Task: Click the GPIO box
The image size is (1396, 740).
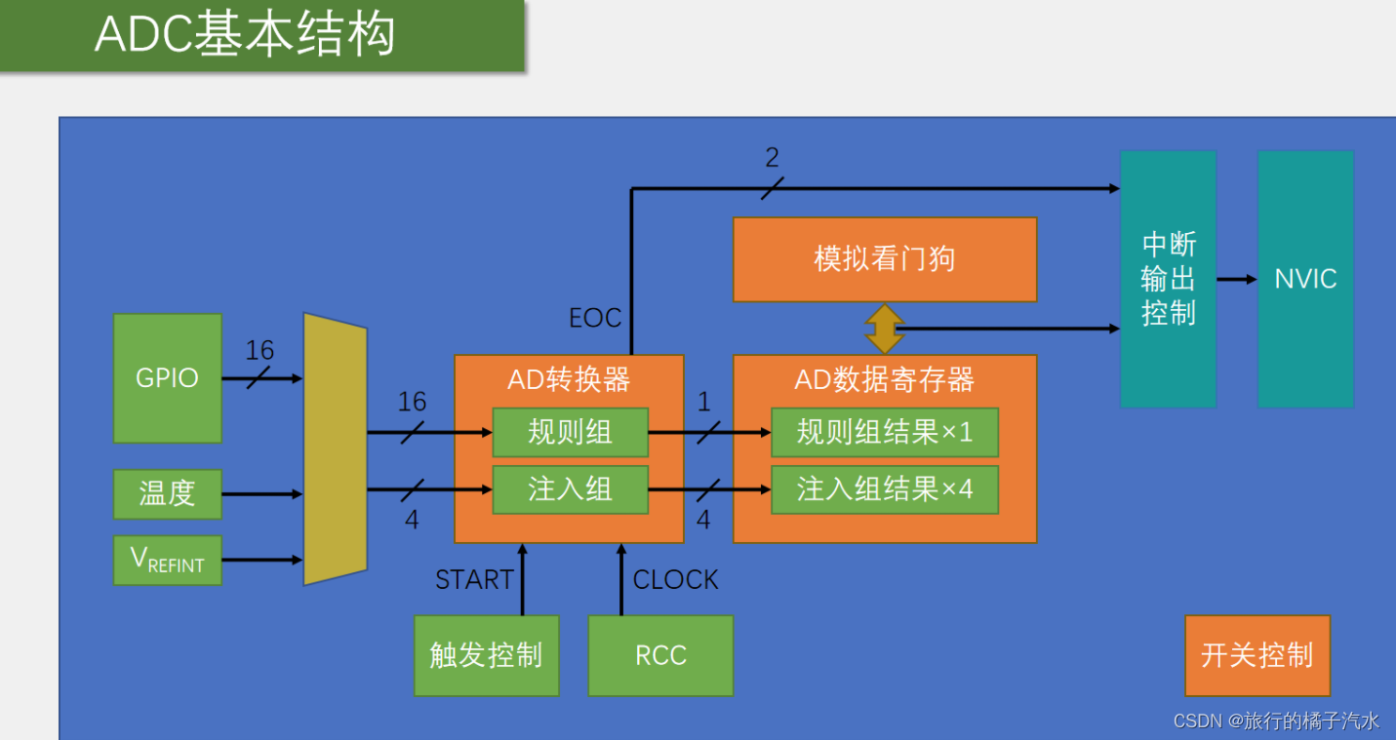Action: pyautogui.click(x=167, y=378)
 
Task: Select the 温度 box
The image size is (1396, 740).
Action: pyautogui.click(x=167, y=493)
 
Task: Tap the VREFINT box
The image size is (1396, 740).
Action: pyautogui.click(x=167, y=560)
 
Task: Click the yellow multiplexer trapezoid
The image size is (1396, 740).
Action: pyautogui.click(x=335, y=448)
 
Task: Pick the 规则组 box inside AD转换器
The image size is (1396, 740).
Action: pyautogui.click(x=570, y=432)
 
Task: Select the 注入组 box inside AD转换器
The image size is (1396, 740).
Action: pyautogui.click(x=570, y=489)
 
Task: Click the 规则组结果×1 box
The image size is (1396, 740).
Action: pyautogui.click(x=884, y=432)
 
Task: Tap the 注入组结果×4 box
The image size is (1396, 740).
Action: pyautogui.click(x=884, y=489)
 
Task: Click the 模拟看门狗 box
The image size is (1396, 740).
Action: pyautogui.click(x=884, y=259)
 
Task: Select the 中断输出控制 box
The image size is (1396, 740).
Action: pyautogui.click(x=1168, y=279)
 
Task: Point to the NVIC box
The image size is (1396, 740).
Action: pyautogui.click(x=1305, y=279)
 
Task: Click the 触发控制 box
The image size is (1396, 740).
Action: pyautogui.click(x=486, y=655)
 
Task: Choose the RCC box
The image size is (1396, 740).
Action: pyautogui.click(x=660, y=655)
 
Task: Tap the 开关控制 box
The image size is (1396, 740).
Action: pyautogui.click(x=1256, y=655)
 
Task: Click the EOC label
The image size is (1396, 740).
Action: pyautogui.click(x=595, y=318)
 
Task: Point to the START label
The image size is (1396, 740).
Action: pyautogui.click(x=474, y=580)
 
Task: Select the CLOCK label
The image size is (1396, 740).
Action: pyautogui.click(x=675, y=580)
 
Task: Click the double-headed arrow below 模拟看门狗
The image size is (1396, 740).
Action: pyautogui.click(x=884, y=329)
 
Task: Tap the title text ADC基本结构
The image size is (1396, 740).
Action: pyautogui.click(x=244, y=35)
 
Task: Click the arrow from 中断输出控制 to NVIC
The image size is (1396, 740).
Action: pyautogui.click(x=1237, y=279)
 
